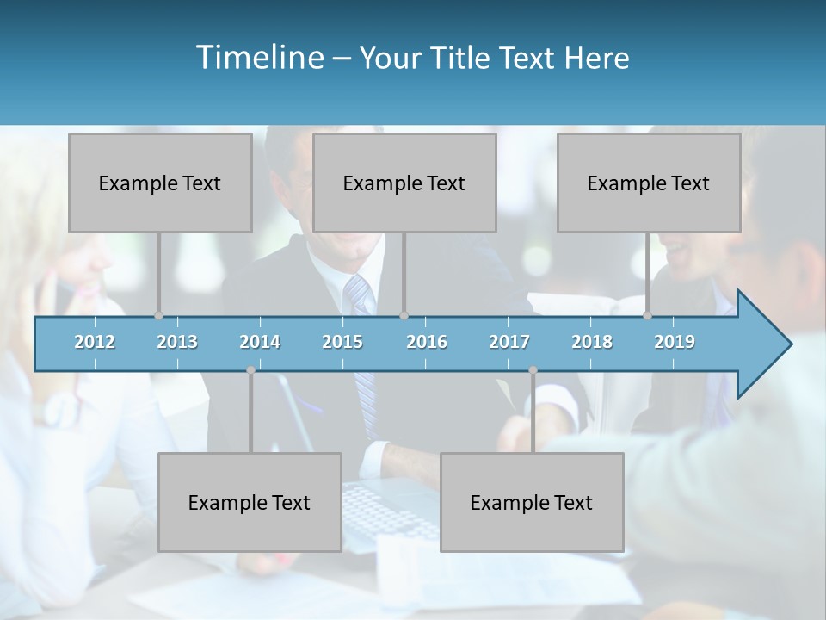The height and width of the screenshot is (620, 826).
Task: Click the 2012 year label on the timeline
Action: coord(95,342)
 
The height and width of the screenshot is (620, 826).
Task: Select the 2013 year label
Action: coord(177,342)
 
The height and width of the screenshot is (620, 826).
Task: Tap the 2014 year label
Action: coord(260,342)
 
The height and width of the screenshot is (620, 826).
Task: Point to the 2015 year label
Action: coord(342,342)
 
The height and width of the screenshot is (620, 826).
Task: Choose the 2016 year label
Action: coord(427,342)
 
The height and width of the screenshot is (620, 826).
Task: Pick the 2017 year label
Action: coord(509,342)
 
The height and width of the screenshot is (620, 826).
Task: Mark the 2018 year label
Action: coord(592,342)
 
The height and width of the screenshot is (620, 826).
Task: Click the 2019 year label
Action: coord(675,342)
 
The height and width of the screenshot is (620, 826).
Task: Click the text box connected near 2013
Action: coord(160,183)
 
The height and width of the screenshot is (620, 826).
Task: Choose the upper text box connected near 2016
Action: coord(404,183)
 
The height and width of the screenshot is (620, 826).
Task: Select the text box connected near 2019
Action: coord(649,183)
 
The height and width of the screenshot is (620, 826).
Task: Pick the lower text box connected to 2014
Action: coord(250,502)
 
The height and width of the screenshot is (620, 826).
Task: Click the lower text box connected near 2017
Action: coord(532,502)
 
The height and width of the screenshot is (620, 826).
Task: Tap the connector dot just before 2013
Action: coord(158,315)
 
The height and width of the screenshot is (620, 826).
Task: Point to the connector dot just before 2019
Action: coord(647,315)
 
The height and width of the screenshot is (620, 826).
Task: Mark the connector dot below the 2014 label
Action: coord(250,370)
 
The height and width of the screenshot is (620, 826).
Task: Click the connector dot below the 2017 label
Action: coord(533,370)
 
